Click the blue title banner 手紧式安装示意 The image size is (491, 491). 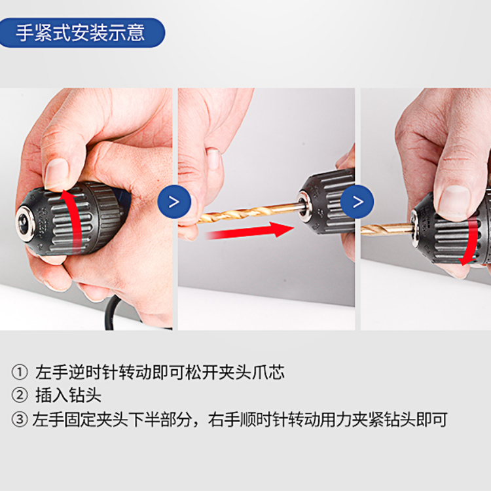tap(82, 33)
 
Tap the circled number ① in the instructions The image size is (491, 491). tap(20, 373)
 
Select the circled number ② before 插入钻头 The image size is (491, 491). tap(20, 395)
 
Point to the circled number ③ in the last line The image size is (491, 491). tap(20, 419)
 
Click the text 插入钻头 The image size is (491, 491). tap(68, 395)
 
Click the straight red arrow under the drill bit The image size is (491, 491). tap(249, 231)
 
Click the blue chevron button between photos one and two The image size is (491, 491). tap(174, 202)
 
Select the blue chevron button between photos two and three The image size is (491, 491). tap(357, 202)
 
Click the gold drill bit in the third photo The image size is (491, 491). tap(387, 229)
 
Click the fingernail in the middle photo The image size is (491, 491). tap(213, 159)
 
